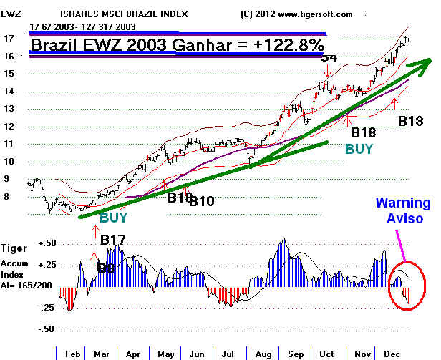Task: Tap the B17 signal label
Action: coord(114,240)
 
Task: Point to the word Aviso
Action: coord(404,218)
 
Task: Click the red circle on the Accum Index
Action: coord(406,287)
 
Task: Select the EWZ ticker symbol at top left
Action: coord(11,14)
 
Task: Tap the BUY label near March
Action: coord(115,216)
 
